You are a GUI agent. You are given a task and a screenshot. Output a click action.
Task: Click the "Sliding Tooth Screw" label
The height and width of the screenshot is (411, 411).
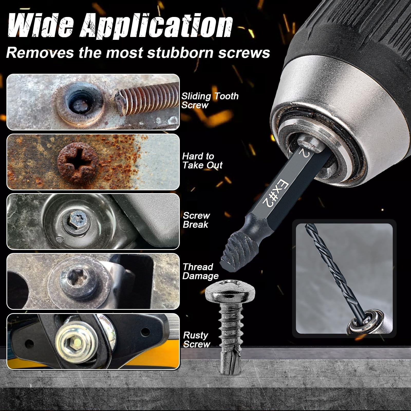coord(210,100)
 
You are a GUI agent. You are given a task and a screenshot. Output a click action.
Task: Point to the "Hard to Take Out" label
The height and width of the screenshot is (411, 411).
coord(202,161)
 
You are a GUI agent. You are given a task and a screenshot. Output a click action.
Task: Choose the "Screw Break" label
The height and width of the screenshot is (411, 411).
coord(196,220)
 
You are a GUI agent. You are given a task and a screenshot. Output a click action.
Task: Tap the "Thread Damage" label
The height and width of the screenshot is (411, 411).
coord(200,271)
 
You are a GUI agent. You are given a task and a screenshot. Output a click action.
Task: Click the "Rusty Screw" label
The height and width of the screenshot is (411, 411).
coord(197,340)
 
